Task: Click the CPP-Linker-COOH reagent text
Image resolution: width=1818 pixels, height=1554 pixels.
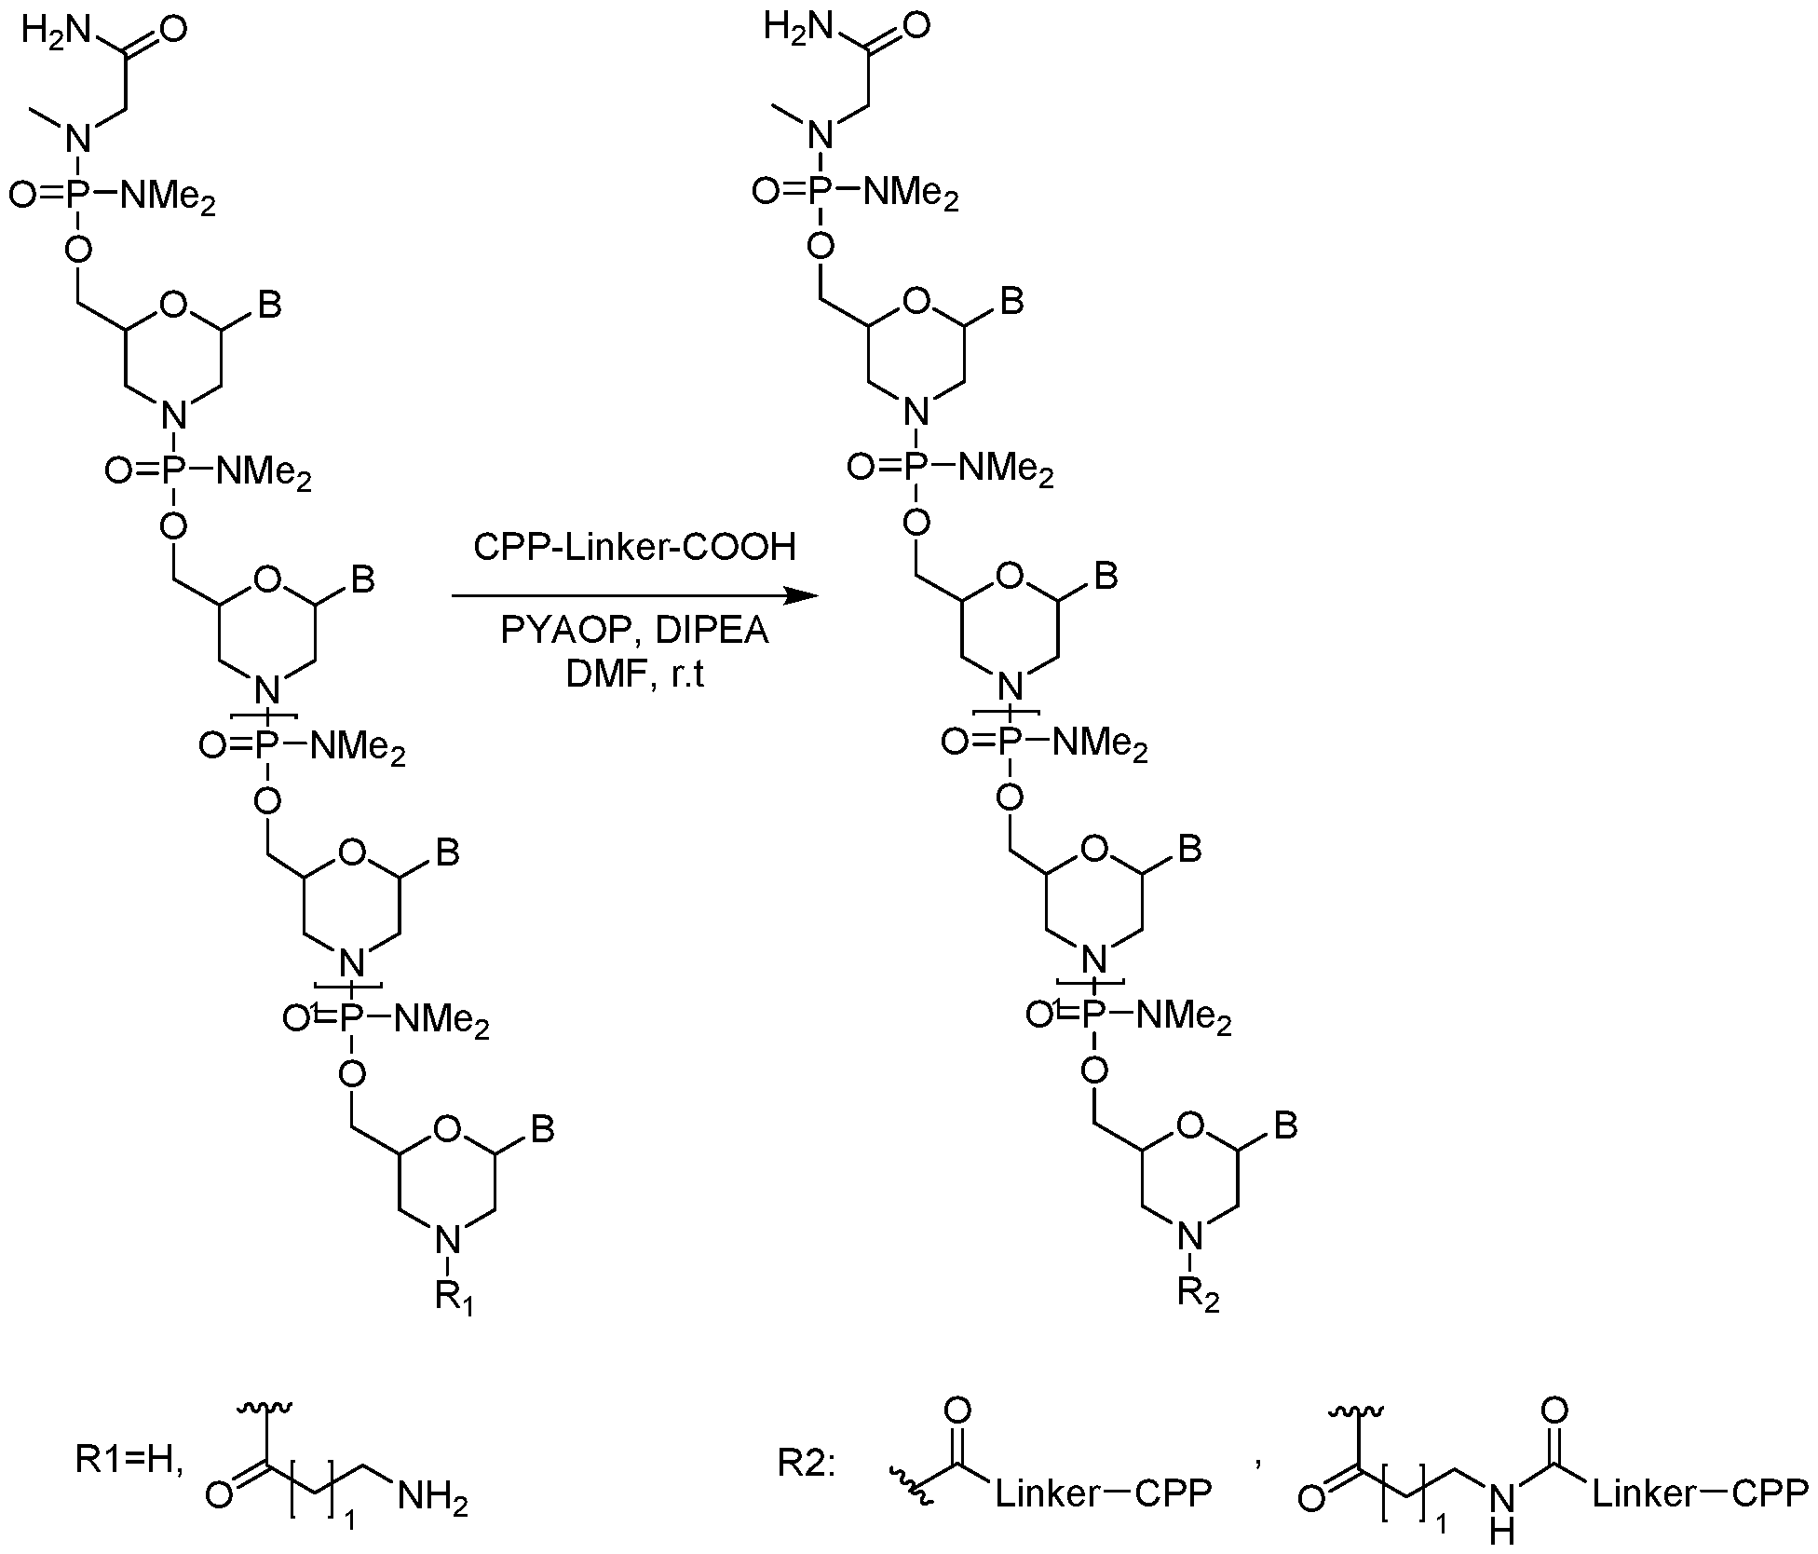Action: [x=634, y=547]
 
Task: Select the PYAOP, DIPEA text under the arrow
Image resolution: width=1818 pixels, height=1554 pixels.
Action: [x=634, y=632]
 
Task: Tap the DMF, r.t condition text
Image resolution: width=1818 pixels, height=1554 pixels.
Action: [x=634, y=674]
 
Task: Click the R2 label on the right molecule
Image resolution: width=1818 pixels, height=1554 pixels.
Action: [x=1198, y=1295]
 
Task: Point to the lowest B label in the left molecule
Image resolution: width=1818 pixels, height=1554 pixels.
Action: [x=543, y=1129]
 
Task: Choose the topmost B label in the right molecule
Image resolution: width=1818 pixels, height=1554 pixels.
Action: [x=1012, y=301]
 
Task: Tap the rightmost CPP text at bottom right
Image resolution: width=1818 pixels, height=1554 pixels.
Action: [x=1771, y=1494]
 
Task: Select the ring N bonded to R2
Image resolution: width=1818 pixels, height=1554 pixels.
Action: [x=1187, y=1236]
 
